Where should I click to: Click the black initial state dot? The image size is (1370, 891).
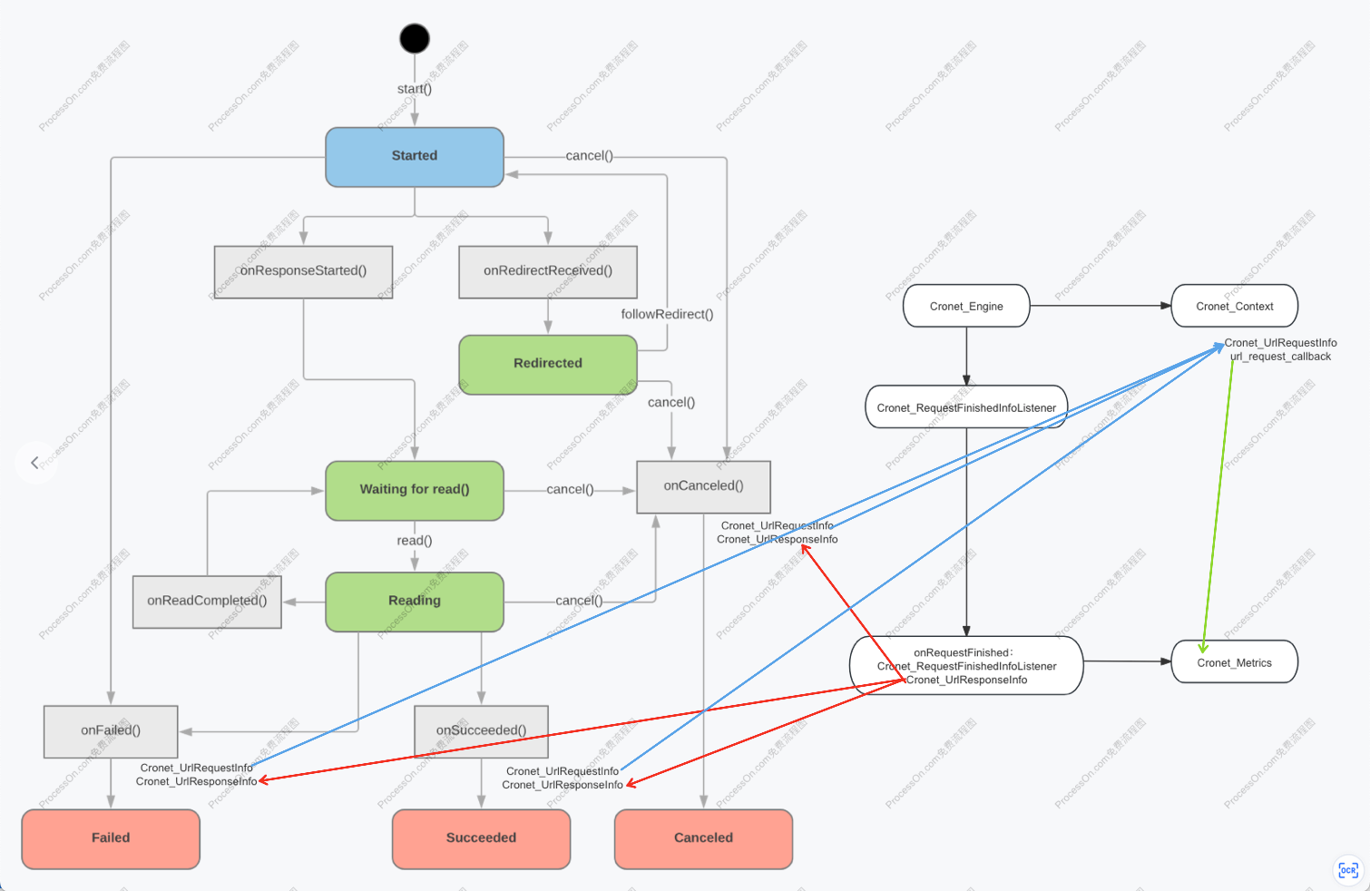(415, 38)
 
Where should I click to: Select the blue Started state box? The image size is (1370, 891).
(415, 157)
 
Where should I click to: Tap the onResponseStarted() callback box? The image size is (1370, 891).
(303, 271)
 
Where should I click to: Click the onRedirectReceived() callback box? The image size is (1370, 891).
(548, 271)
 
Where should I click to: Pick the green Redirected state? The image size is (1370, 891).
(548, 364)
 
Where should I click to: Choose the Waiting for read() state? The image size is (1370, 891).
(415, 490)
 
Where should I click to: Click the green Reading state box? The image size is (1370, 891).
(415, 602)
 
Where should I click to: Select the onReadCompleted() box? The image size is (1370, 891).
(207, 602)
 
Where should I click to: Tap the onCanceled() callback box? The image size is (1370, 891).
(703, 486)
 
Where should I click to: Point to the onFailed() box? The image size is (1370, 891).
(111, 731)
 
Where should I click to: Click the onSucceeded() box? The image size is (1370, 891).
(481, 731)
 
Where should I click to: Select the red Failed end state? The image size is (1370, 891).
(111, 838)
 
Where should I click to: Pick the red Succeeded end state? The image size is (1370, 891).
(481, 838)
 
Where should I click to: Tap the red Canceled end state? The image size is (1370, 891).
(703, 838)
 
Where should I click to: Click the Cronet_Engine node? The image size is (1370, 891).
(966, 306)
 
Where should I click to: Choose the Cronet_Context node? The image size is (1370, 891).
(1235, 306)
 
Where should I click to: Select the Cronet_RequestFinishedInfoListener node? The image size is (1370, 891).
(966, 407)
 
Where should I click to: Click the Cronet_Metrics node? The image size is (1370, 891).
(1235, 662)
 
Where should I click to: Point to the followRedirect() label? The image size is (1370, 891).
(667, 314)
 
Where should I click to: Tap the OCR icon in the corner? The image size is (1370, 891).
(1348, 870)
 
